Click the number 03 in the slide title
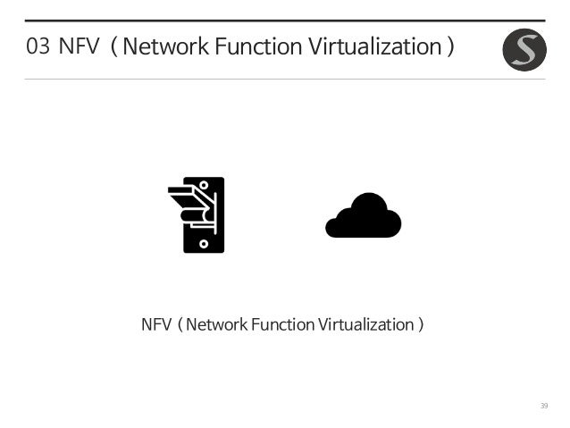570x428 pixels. click(x=38, y=46)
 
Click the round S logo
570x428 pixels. click(x=524, y=50)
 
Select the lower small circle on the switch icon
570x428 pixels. click(x=204, y=242)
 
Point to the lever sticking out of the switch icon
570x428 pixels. click(x=189, y=202)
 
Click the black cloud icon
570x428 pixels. click(x=364, y=216)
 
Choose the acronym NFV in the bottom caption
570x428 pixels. click(x=155, y=323)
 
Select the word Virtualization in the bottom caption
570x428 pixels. click(x=363, y=323)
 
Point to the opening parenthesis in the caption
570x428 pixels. click(x=180, y=324)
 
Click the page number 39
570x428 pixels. click(x=543, y=407)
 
